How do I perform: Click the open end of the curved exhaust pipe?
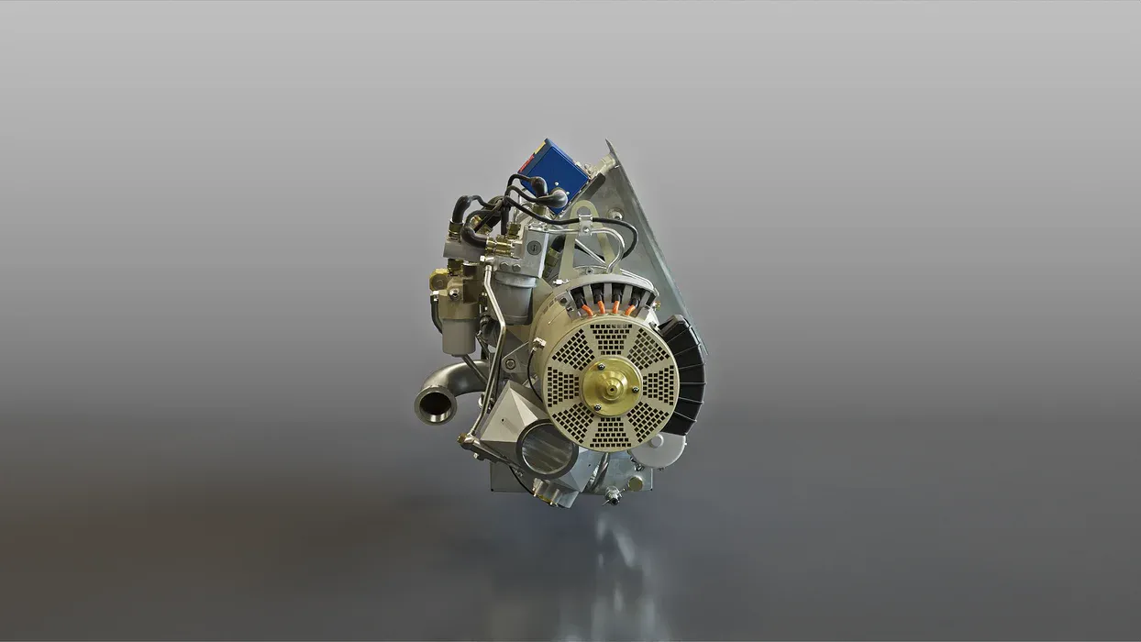tap(436, 404)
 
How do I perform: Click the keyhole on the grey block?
tap(533, 247)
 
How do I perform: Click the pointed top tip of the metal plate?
tap(606, 142)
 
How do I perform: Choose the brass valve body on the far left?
tap(443, 280)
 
